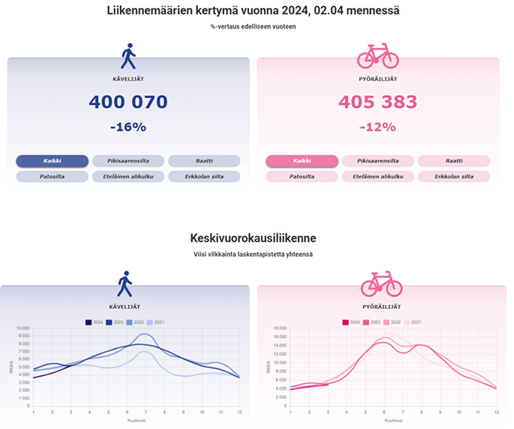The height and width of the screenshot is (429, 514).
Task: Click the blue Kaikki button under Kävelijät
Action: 52,161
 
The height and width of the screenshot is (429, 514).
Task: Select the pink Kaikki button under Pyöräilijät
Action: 302,161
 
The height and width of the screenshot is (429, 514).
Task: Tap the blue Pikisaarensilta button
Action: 128,161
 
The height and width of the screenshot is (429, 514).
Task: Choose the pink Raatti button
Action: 454,161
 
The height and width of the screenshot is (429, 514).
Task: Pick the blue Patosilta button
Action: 52,176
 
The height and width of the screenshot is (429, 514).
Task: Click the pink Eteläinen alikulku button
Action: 378,176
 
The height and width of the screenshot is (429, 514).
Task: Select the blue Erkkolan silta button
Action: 204,176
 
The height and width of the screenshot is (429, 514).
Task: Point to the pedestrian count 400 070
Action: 128,103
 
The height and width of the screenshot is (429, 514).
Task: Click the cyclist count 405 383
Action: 378,103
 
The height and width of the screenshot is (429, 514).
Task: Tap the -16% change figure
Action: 128,127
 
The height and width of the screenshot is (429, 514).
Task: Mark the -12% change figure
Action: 378,127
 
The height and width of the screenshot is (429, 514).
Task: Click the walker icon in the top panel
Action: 128,57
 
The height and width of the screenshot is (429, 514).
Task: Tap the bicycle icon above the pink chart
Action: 381,284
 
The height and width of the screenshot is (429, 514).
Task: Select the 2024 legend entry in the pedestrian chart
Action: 94,322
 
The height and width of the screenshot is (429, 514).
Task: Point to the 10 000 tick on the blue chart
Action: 22,329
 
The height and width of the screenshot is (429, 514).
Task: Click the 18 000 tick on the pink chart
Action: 278,329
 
